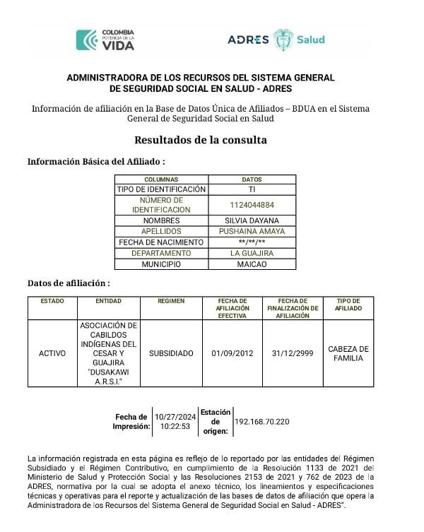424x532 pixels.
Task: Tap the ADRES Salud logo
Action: click(x=276, y=40)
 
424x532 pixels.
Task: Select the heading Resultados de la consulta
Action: click(x=201, y=140)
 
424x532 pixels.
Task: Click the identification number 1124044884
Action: click(x=252, y=205)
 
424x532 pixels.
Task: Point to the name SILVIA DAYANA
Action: click(x=252, y=220)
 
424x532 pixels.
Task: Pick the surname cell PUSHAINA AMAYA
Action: click(x=252, y=231)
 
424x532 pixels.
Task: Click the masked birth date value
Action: click(x=252, y=242)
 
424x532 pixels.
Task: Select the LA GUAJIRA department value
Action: click(x=252, y=253)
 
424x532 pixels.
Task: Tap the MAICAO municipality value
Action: click(x=252, y=264)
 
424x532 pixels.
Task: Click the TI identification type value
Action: click(x=252, y=189)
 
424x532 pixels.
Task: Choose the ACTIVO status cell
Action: click(x=52, y=353)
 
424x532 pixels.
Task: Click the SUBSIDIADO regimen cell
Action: click(x=171, y=353)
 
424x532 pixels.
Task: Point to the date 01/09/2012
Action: click(x=232, y=353)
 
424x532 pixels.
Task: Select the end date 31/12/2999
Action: click(x=293, y=353)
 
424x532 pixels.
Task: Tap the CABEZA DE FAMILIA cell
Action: click(x=348, y=353)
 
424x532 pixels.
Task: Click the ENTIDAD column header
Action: click(x=108, y=301)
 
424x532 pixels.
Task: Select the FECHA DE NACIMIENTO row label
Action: click(x=161, y=242)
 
